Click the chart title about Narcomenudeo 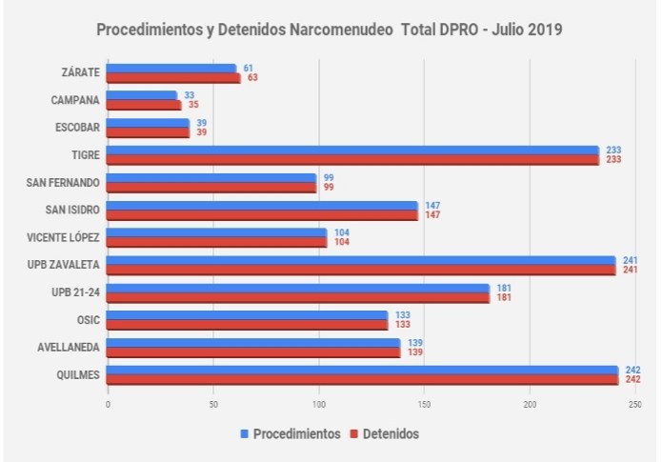pos(330,30)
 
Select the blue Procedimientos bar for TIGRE pos(352,151)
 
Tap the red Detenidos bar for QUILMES pos(362,379)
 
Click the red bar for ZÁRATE pos(173,78)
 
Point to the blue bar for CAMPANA pos(142,95)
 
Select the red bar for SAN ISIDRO pos(262,215)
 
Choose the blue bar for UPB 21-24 pos(297,288)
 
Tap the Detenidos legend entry pos(381,433)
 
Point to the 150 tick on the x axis pos(424,404)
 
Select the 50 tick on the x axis pos(212,404)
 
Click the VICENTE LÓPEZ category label pos(65,237)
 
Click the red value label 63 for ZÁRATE pos(253,78)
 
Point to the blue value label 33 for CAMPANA pos(189,95)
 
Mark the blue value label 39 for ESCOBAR pos(201,123)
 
